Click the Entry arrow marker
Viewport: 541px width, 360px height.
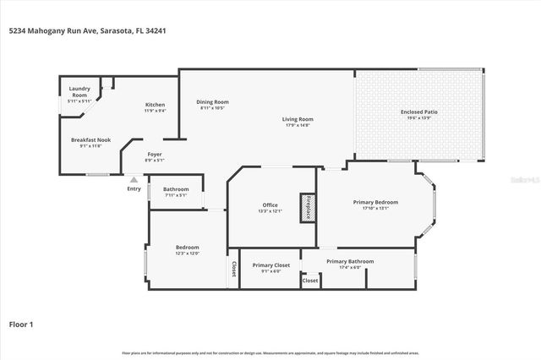133,179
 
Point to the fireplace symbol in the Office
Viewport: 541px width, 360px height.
308,206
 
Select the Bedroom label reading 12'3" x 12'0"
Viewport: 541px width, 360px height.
187,250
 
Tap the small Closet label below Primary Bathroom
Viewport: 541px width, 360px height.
310,280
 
